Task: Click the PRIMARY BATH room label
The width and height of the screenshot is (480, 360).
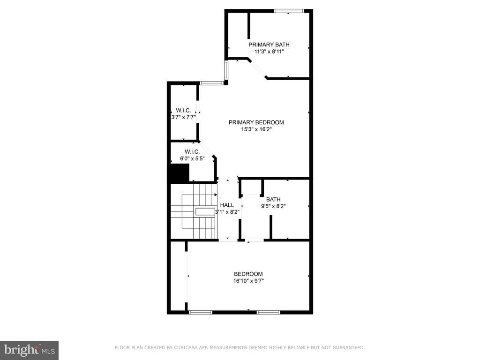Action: (x=269, y=45)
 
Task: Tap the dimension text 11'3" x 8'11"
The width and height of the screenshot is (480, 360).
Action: (x=269, y=52)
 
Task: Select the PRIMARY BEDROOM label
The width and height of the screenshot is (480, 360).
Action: (x=256, y=122)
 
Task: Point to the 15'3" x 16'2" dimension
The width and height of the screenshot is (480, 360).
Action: (x=256, y=129)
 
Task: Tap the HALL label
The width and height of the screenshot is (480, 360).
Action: (x=227, y=205)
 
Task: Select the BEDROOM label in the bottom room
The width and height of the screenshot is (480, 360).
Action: (x=248, y=274)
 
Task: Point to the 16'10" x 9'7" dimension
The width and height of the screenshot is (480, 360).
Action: (x=248, y=281)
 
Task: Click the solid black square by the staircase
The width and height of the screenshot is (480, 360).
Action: (x=180, y=173)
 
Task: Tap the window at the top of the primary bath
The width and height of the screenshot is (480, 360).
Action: (x=289, y=11)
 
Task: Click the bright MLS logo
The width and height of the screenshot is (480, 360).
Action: (x=30, y=350)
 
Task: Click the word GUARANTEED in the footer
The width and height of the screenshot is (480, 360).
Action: (x=348, y=347)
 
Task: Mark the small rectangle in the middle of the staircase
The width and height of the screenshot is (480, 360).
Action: (x=205, y=211)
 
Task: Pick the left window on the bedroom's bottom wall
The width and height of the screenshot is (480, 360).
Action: (x=201, y=312)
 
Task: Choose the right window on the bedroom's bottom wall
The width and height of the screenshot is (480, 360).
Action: (x=268, y=312)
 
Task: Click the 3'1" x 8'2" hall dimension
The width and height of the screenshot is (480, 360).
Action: (x=227, y=212)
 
